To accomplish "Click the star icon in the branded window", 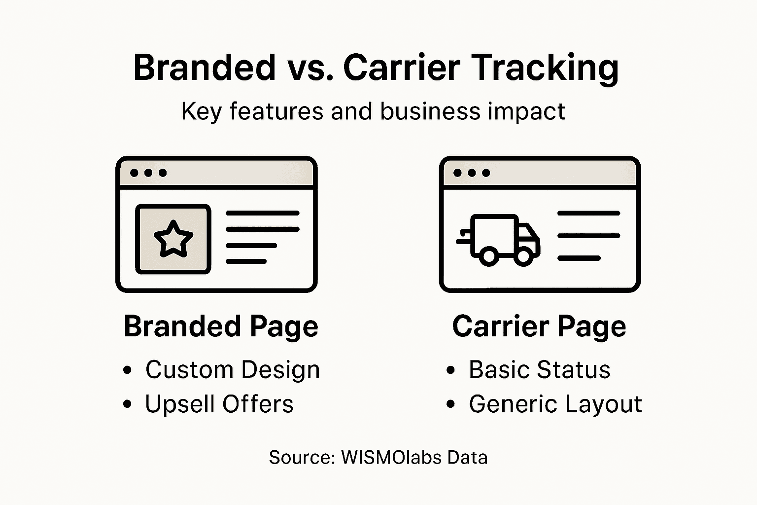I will (173, 239).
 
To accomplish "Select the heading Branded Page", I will (221, 326).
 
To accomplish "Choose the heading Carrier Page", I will (539, 326).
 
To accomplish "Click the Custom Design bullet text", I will (232, 370).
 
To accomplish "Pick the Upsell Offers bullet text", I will (219, 404).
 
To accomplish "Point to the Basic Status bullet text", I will (539, 370).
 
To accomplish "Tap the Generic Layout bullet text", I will (555, 404).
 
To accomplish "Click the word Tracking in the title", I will (545, 68).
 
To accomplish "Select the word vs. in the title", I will (308, 68).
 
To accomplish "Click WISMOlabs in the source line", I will (391, 458).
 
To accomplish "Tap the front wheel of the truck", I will (523, 256).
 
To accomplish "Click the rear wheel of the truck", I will (488, 256).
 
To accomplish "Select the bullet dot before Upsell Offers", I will (128, 405).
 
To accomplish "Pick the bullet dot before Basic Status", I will (450, 370).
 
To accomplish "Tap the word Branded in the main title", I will (204, 68).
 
